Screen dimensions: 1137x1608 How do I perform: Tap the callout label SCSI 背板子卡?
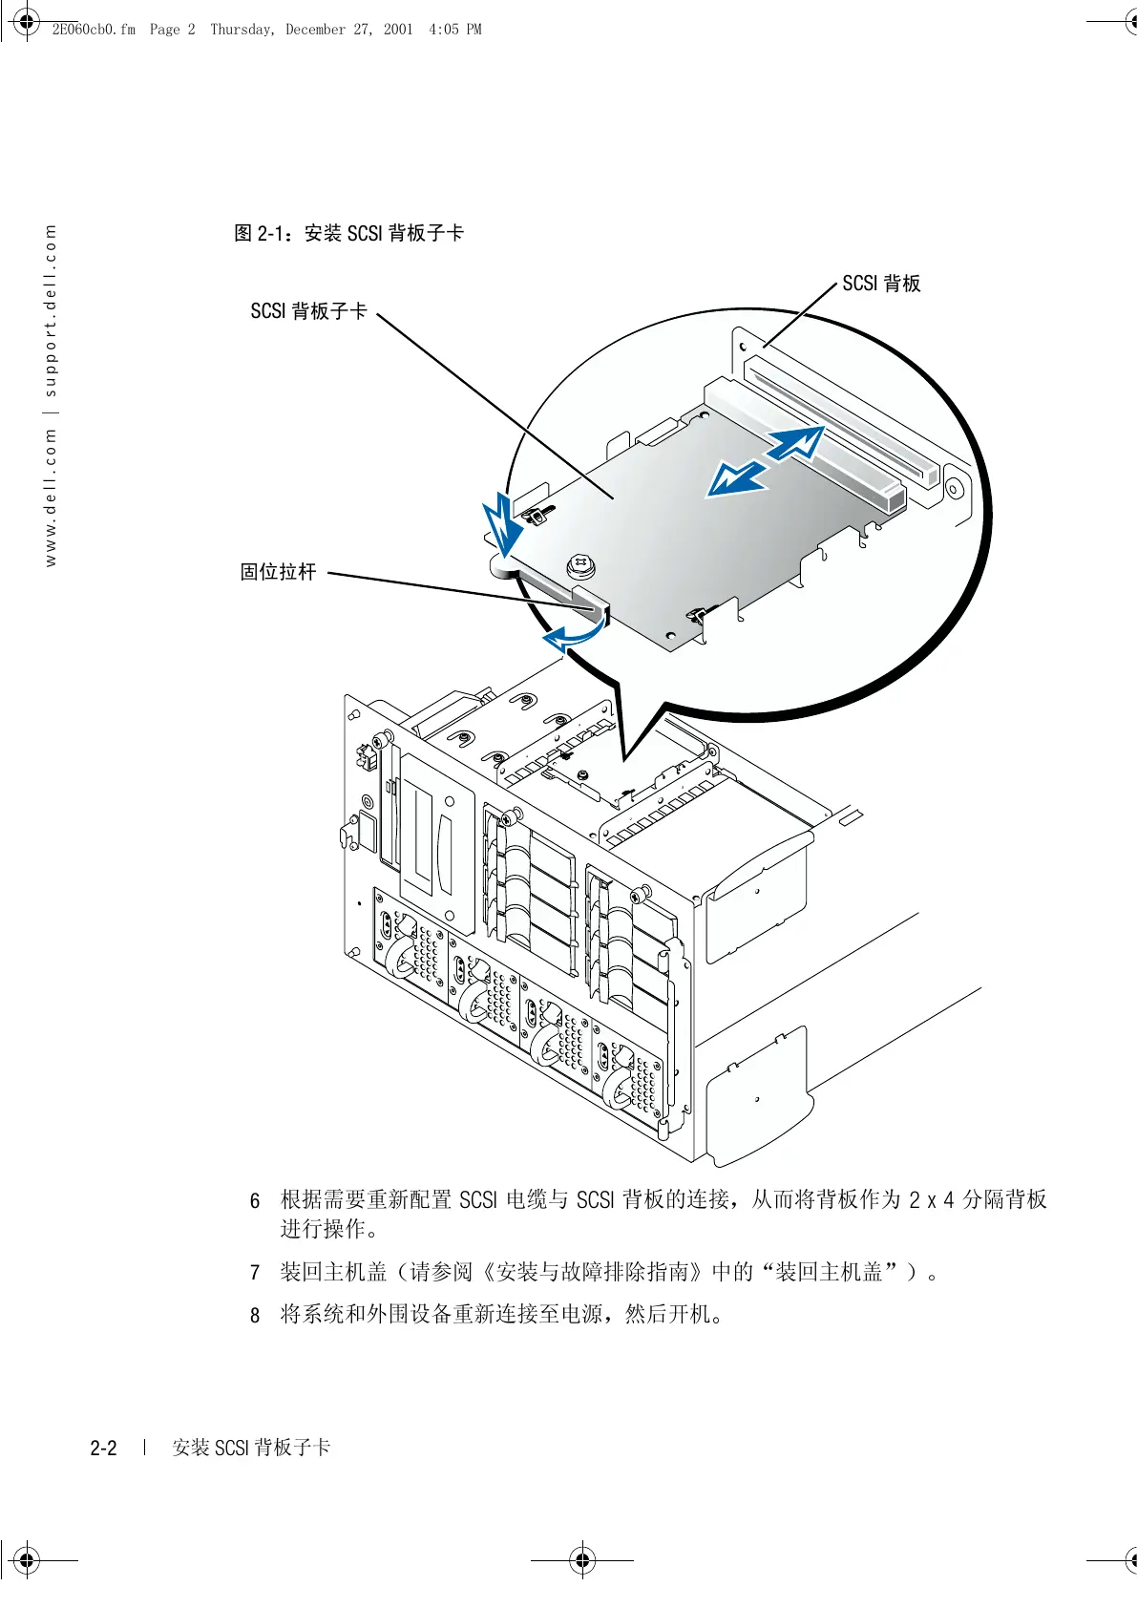click(x=308, y=311)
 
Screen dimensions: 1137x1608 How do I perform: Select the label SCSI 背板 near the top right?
click(x=881, y=284)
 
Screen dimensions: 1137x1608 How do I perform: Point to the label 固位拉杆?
click(x=278, y=572)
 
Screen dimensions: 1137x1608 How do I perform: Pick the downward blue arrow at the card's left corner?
click(x=502, y=527)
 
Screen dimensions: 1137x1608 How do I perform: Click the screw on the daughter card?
click(x=580, y=566)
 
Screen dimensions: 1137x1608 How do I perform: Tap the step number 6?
click(x=255, y=1200)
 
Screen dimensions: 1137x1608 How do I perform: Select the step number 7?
click(x=255, y=1273)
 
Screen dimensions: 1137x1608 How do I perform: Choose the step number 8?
click(x=255, y=1316)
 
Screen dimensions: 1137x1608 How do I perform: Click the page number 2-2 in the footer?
click(x=103, y=1449)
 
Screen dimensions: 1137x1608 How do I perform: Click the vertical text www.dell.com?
click(x=51, y=496)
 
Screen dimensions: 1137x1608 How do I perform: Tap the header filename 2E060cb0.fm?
click(x=94, y=30)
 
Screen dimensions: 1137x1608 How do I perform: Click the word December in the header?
click(x=315, y=30)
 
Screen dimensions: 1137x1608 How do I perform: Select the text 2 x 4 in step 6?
click(x=931, y=1200)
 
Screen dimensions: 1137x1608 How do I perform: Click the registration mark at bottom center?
click(x=582, y=1561)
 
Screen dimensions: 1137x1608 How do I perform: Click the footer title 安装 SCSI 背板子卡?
click(x=251, y=1449)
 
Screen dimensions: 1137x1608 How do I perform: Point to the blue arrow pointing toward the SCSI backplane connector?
click(x=794, y=444)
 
